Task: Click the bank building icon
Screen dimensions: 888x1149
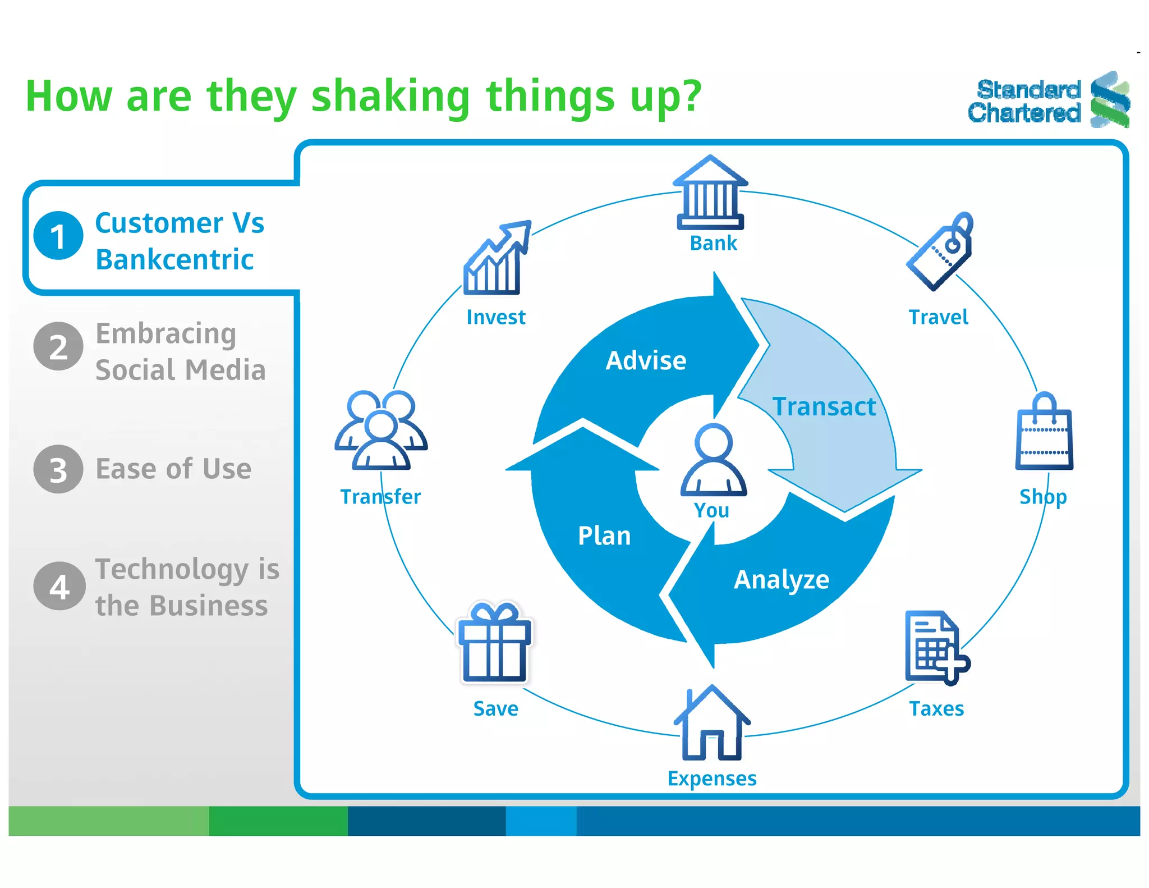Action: pos(710,194)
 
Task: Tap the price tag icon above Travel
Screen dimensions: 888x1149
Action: pos(941,253)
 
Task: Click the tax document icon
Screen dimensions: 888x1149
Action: pos(935,648)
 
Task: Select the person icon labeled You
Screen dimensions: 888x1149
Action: pos(713,460)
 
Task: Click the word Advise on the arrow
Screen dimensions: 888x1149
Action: pos(646,360)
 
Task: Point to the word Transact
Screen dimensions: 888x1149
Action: pos(824,407)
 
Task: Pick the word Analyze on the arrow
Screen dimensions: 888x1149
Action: pos(781,580)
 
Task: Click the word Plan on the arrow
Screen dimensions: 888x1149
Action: pos(604,536)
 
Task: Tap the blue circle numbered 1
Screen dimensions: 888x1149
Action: pos(58,236)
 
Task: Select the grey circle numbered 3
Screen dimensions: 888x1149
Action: pos(58,469)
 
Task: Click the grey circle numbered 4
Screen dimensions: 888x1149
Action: pos(59,586)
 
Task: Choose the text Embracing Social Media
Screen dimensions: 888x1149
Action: pos(180,352)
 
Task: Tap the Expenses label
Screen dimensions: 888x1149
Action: pos(711,779)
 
